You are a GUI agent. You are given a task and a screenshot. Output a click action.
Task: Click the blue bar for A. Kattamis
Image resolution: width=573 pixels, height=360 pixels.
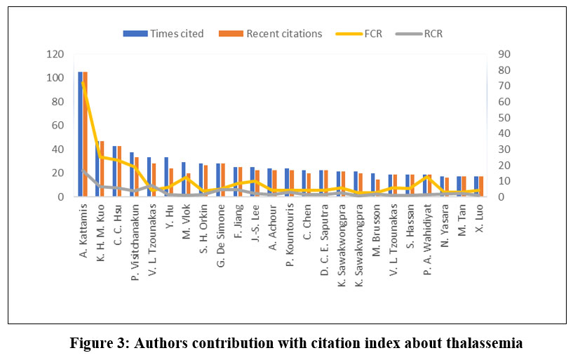pos(80,134)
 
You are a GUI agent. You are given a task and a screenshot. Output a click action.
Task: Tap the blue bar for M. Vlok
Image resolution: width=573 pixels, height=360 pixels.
pos(183,180)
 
